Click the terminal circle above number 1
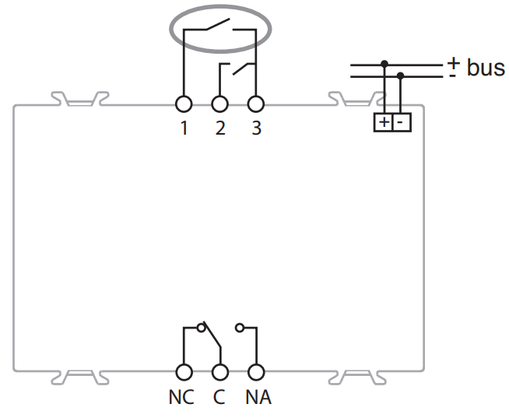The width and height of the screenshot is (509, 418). pyautogui.click(x=184, y=104)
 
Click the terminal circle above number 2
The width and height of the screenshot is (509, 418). pyautogui.click(x=220, y=104)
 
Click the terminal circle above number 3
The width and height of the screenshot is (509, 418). pyautogui.click(x=256, y=104)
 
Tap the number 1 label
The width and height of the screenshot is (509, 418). pyautogui.click(x=184, y=128)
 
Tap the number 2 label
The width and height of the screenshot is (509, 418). pyautogui.click(x=220, y=128)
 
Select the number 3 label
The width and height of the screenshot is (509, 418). pyautogui.click(x=256, y=128)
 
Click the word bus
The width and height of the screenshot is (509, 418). pyautogui.click(x=486, y=68)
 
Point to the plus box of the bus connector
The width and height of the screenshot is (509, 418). pyautogui.click(x=384, y=122)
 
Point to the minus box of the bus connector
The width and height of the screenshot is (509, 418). pyautogui.click(x=401, y=122)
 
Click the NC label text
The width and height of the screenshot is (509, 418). pyautogui.click(x=181, y=398)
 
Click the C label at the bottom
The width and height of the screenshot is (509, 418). pyautogui.click(x=219, y=398)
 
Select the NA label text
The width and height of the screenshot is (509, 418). pyautogui.click(x=258, y=398)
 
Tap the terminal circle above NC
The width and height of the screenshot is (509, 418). pyautogui.click(x=184, y=373)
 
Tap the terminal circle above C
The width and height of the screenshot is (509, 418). pyautogui.click(x=220, y=373)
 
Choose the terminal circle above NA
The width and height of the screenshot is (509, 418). pyautogui.click(x=256, y=373)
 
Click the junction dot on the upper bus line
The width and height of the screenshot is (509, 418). pyautogui.click(x=384, y=63)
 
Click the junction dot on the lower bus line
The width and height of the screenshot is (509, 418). pyautogui.click(x=401, y=76)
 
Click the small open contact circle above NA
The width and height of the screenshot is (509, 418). pyautogui.click(x=240, y=328)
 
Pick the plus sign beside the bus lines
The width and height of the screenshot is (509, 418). pyautogui.click(x=453, y=61)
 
